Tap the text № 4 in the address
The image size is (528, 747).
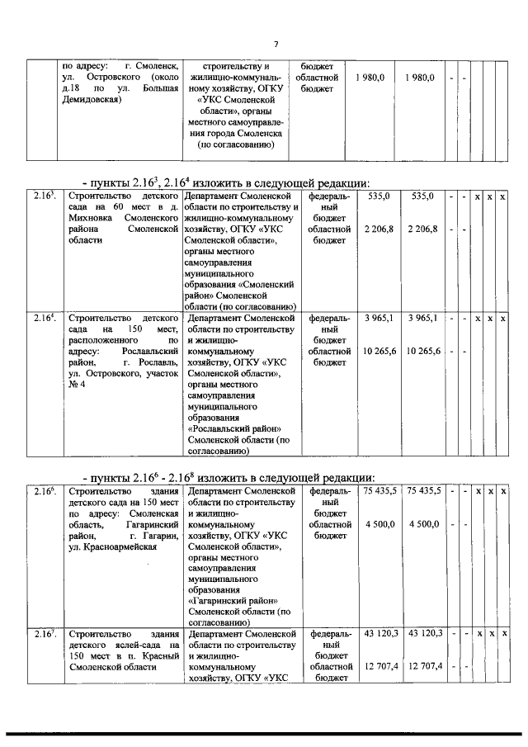tap(76, 386)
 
